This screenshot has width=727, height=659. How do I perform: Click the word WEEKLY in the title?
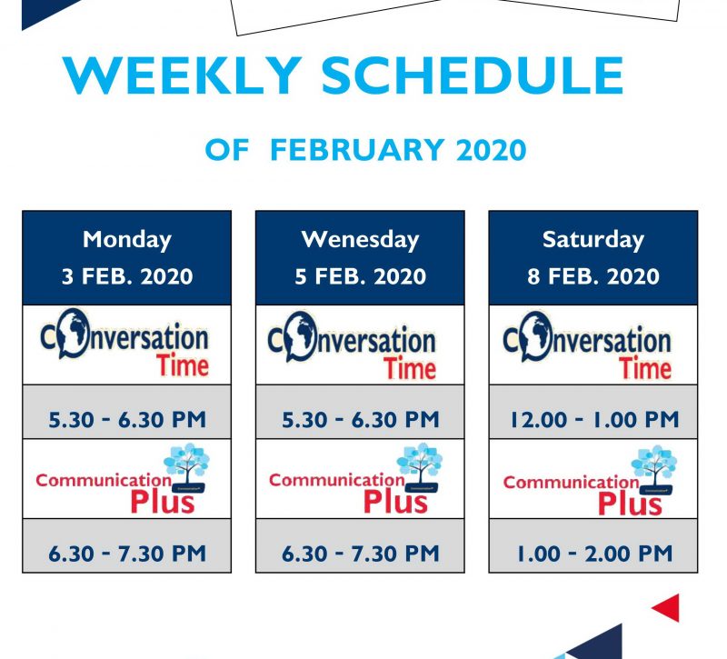(184, 75)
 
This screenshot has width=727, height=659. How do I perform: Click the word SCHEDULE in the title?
(473, 75)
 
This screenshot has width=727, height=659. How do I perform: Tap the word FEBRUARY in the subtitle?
(357, 150)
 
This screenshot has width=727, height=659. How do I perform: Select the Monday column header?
(127, 240)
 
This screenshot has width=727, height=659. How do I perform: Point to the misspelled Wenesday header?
(360, 240)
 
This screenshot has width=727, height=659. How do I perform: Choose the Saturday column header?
(593, 240)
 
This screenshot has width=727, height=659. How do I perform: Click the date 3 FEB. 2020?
(127, 276)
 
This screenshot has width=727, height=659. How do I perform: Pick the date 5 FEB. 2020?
(360, 276)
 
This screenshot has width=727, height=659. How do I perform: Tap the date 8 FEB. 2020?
(593, 276)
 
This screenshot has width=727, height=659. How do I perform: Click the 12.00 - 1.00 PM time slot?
(594, 420)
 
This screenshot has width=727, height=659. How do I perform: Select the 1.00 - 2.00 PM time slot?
(594, 554)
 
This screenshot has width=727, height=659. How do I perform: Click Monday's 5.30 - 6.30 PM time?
(127, 420)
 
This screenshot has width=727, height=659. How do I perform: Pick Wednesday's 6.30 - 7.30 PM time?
(360, 554)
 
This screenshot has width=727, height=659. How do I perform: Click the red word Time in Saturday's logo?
(645, 369)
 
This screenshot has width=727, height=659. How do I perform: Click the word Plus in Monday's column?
(163, 502)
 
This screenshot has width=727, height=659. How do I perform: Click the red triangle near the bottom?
(668, 607)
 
